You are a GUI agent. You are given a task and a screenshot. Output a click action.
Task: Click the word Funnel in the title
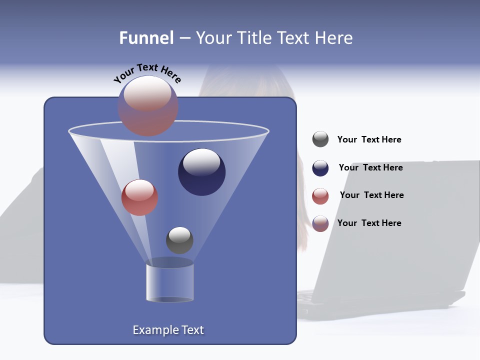(146, 38)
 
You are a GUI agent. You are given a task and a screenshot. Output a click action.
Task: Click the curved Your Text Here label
(147, 73)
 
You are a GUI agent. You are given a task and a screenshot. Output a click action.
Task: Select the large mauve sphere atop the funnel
(148, 106)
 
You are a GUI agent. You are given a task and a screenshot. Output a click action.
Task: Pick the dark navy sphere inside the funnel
(201, 172)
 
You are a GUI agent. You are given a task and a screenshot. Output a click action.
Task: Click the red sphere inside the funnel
(139, 197)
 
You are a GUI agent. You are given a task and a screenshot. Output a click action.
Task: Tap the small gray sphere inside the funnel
(179, 240)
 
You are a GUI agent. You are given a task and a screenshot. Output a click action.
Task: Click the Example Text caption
(168, 330)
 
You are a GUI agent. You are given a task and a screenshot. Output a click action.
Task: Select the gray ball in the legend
(320, 139)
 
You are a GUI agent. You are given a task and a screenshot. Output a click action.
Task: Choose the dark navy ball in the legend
(320, 168)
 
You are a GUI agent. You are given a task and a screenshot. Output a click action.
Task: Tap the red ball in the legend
(320, 196)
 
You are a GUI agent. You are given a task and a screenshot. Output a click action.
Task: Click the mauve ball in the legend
(320, 223)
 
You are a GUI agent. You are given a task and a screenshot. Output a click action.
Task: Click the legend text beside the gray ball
(369, 140)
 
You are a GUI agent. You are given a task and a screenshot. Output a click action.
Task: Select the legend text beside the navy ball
(370, 167)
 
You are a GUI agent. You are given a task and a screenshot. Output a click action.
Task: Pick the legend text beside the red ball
(371, 195)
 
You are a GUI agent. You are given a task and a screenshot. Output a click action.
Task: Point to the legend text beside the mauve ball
(369, 223)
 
